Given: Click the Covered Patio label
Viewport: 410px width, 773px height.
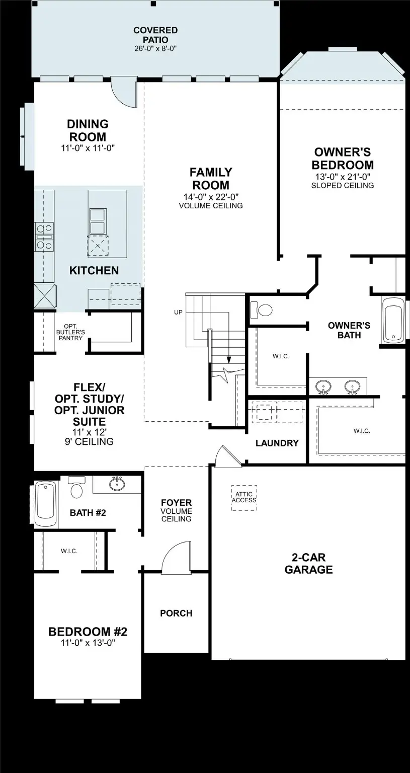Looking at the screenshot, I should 155,35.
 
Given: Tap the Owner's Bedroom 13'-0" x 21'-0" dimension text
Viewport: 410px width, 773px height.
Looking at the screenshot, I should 342,177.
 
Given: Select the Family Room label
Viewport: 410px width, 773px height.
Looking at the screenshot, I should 210,179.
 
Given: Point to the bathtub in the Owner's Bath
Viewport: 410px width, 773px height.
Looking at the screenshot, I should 393,321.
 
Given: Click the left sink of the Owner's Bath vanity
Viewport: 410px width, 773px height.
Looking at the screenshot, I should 323,386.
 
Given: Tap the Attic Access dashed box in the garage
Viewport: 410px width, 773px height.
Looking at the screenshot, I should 244,498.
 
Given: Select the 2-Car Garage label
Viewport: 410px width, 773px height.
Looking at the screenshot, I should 308,563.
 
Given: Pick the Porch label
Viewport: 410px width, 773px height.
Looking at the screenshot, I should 176,613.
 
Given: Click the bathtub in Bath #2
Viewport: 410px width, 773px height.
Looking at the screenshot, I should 46,501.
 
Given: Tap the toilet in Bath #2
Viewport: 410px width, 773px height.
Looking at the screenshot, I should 76,488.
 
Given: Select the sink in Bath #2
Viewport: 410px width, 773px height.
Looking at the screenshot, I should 117,484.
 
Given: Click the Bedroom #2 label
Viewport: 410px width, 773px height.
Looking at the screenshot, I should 88,632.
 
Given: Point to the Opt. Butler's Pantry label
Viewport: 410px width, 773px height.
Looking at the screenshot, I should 70,332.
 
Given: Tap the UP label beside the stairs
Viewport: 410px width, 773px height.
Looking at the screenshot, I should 178,313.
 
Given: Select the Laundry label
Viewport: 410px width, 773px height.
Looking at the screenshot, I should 277,443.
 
